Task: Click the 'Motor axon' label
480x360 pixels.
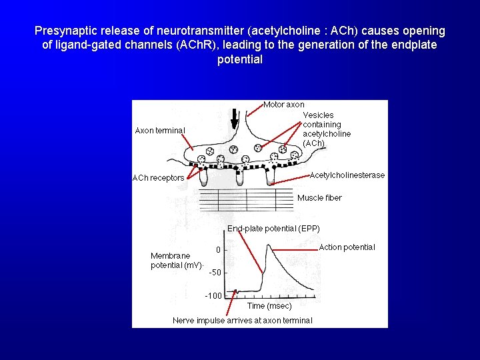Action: [284, 105]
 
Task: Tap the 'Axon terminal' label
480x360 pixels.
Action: [160, 130]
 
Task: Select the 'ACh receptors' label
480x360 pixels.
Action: [158, 178]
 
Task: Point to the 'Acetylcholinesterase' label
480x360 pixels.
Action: [347, 175]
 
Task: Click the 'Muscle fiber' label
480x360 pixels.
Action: [319, 198]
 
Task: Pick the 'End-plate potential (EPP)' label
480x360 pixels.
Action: [273, 229]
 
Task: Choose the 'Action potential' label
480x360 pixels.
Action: [347, 247]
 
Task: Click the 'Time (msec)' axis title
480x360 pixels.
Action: [269, 306]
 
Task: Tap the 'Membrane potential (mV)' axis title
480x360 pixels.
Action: [176, 261]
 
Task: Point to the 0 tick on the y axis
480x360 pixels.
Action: [217, 251]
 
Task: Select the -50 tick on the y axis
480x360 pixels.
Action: [215, 273]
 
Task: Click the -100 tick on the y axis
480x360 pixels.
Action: [213, 296]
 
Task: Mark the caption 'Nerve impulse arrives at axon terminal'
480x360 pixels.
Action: [242, 321]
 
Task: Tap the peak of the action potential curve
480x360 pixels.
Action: [269, 246]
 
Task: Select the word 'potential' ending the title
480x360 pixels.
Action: [240, 59]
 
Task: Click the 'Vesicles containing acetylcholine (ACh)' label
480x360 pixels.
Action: [326, 129]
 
